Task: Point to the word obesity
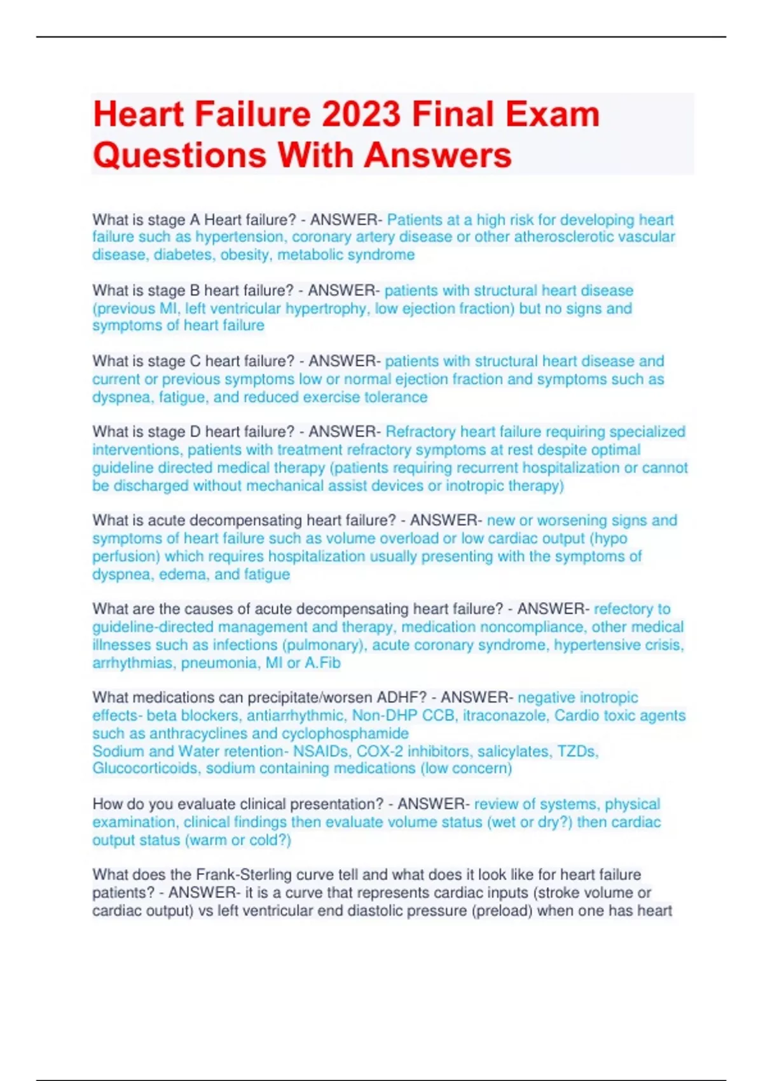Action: pos(245,255)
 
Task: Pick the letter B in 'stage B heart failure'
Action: pos(195,291)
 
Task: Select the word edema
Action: pos(184,574)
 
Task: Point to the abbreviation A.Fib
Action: pos(322,663)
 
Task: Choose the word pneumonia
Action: pos(220,663)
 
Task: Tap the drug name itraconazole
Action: pos(504,715)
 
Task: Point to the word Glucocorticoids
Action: pos(145,768)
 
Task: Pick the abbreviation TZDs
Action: pos(578,751)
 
